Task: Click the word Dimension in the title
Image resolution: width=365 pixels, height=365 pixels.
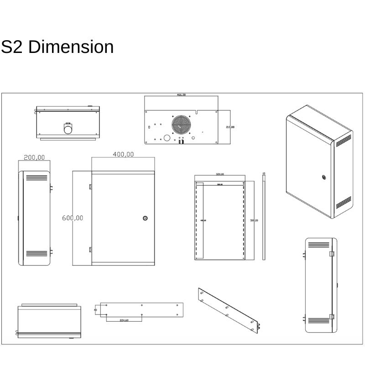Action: click(x=71, y=47)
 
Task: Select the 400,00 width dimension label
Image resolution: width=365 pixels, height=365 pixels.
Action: click(x=123, y=154)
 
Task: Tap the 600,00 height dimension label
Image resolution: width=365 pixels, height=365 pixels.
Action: click(x=73, y=218)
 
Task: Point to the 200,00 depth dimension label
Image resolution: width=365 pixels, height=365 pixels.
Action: click(x=34, y=157)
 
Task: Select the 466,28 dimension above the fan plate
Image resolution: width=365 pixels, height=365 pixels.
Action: click(x=181, y=95)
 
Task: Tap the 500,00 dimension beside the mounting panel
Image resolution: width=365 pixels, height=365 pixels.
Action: click(x=254, y=220)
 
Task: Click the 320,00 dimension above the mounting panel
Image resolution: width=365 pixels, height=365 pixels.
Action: click(x=219, y=174)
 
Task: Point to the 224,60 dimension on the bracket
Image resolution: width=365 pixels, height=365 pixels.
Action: click(x=124, y=320)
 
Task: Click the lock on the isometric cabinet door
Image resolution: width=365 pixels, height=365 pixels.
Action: click(x=323, y=177)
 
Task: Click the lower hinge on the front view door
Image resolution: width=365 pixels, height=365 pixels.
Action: click(x=90, y=249)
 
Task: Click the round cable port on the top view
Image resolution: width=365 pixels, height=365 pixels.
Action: click(x=68, y=130)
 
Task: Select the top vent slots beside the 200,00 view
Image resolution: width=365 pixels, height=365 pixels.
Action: click(x=36, y=178)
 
